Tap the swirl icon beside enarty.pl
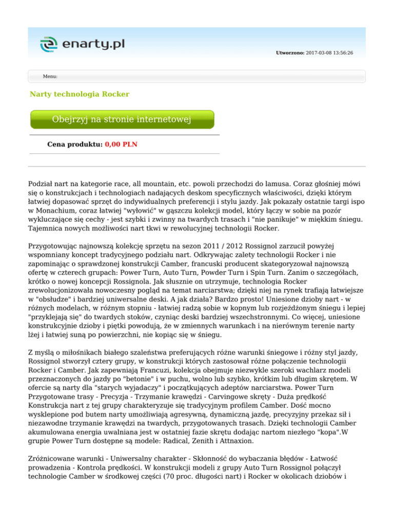49,45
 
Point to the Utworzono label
290,53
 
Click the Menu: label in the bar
50,76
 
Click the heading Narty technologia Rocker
80,94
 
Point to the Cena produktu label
74,144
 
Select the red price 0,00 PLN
121,144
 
